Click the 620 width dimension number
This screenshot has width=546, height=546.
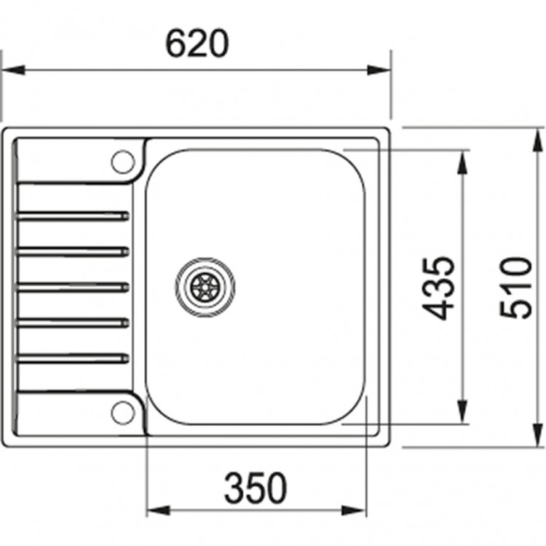[197, 45]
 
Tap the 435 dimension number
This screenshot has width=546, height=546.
[439, 288]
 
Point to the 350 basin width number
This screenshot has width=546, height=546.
[256, 488]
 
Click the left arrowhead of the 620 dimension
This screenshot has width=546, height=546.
[13, 71]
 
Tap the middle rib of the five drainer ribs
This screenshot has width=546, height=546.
[73, 286]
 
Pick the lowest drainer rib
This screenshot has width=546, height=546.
[73, 357]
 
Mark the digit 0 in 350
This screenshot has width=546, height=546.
[275, 488]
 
